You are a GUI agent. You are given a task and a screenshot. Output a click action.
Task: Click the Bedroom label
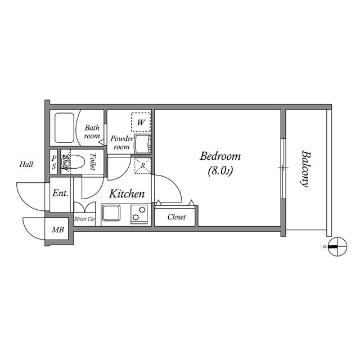tap(220, 156)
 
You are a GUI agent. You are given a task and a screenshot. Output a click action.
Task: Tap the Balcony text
tap(305, 169)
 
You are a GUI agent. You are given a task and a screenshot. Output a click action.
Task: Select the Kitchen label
tap(127, 193)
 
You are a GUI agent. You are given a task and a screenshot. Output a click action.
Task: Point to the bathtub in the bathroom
tap(65, 128)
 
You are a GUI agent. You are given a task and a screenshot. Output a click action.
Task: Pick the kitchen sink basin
tap(111, 213)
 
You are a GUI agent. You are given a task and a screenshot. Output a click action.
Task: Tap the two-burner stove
tap(139, 214)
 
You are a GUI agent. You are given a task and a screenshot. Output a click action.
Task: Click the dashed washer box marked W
tap(141, 122)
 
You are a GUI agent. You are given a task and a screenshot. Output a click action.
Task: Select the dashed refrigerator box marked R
tap(143, 165)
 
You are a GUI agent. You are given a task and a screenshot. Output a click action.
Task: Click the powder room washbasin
tap(143, 144)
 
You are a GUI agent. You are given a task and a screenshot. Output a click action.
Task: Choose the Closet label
tap(176, 217)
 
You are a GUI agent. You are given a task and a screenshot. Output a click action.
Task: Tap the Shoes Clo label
tap(84, 219)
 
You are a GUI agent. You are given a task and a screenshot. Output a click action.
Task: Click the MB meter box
tap(57, 229)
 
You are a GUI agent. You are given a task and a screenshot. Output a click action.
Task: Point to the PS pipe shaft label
tap(54, 162)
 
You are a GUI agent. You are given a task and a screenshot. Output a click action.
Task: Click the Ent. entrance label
tap(60, 193)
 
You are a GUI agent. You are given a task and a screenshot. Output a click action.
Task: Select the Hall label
tap(26, 164)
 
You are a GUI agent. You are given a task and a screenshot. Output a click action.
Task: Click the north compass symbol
tap(337, 247)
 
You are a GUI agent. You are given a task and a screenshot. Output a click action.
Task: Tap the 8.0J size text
tap(220, 170)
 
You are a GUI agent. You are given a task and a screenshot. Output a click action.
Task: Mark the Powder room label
tap(122, 142)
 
